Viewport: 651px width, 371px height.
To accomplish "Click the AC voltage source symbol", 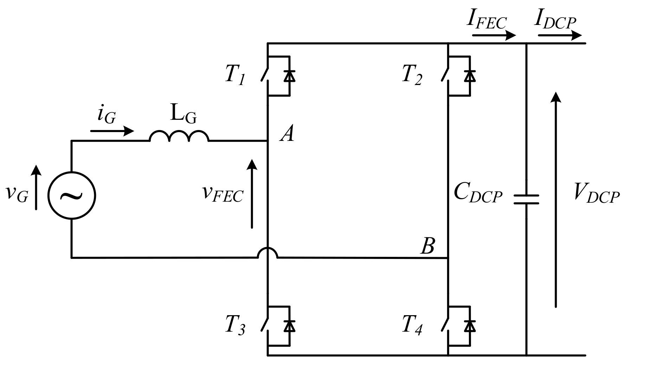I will (x=72, y=196).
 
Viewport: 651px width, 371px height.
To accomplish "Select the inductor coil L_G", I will (x=179, y=136).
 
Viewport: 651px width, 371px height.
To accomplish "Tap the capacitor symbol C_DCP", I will (x=526, y=200).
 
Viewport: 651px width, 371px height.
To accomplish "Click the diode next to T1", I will (x=289, y=76).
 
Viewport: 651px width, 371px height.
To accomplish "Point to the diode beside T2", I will (x=470, y=76).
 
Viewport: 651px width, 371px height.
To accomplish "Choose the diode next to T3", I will (x=289, y=326).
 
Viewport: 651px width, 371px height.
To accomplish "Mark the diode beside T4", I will (x=470, y=326).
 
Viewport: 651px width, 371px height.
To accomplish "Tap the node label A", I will (x=287, y=134).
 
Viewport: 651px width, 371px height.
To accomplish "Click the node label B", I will (x=428, y=246).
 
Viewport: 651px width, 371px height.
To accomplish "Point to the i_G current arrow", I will (x=112, y=131).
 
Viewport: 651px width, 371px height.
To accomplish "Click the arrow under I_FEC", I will (x=494, y=35).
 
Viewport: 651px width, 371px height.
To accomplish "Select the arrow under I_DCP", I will (x=560, y=35).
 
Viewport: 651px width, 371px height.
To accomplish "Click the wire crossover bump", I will (x=268, y=252).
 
